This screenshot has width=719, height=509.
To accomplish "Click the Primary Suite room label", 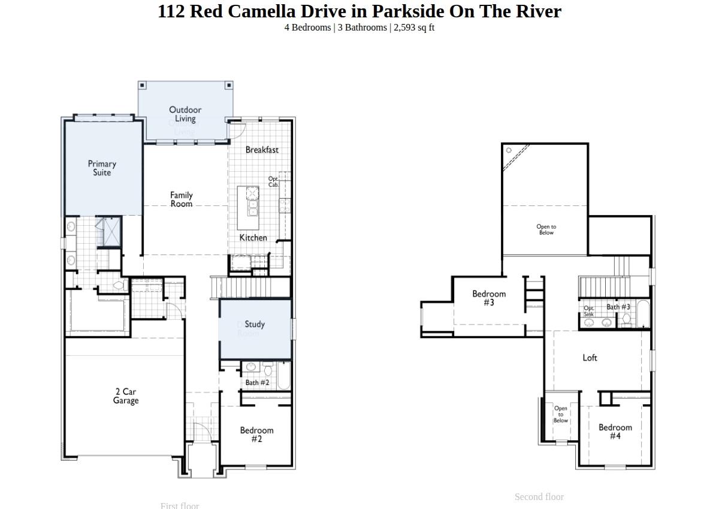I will tap(102, 168).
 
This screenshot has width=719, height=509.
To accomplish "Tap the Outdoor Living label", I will tap(185, 114).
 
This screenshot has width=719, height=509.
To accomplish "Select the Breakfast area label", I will tap(262, 150).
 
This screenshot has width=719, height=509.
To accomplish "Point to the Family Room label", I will tap(181, 199).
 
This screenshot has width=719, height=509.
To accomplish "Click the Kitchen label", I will tap(253, 238).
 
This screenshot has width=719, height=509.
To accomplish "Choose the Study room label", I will tap(255, 324).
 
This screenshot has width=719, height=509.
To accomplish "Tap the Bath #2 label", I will tap(257, 383).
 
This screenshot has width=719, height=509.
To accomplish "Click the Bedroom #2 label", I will tap(256, 434).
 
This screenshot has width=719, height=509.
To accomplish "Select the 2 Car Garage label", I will tap(126, 396).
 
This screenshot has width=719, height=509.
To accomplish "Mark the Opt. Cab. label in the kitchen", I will tap(273, 182).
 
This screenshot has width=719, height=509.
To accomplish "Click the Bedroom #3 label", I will tap(489, 298).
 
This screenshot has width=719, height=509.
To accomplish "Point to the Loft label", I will tap(590, 357).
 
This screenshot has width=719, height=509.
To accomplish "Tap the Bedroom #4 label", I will tap(615, 431).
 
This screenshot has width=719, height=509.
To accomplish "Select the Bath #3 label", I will tap(618, 307).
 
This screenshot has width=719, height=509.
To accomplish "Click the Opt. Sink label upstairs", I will tap(589, 311).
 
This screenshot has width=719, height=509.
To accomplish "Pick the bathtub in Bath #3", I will tap(643, 314).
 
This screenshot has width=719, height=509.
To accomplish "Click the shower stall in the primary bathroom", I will tap(109, 232).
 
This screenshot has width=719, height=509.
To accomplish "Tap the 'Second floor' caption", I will tap(539, 497).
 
